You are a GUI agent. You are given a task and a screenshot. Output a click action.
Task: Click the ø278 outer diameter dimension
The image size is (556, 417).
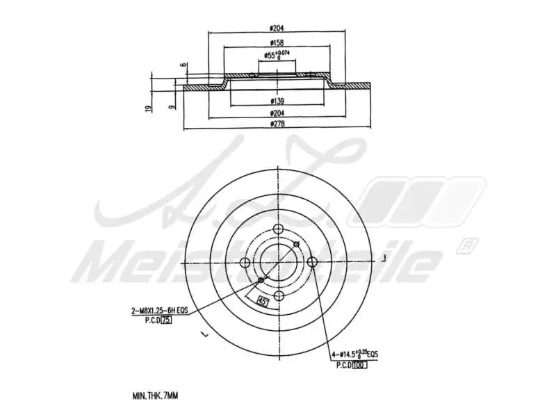[277, 124]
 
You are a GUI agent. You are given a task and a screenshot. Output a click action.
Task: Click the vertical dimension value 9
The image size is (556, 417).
[172, 106]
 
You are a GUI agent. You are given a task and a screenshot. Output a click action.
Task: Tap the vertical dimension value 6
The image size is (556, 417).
[183, 66]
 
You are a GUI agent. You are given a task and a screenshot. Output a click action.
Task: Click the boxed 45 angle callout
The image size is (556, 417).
[263, 301]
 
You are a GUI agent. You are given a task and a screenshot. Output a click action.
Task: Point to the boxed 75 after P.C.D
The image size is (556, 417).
[167, 320]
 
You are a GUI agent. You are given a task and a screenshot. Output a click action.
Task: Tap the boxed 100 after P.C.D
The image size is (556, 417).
[359, 364]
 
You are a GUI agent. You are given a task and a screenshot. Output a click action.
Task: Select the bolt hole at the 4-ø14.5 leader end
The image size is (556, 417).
[312, 262]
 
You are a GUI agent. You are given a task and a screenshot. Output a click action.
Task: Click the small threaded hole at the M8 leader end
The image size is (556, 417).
[261, 280]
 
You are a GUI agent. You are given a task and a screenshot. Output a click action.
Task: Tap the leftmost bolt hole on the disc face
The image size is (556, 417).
[245, 263]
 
